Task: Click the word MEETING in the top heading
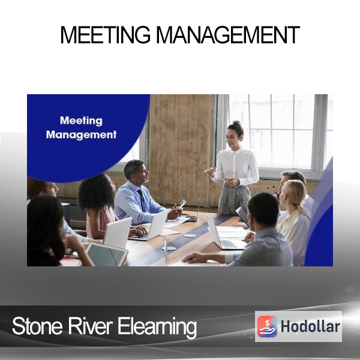click(106, 35)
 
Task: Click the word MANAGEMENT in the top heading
click(228, 35)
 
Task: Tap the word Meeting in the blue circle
click(81, 121)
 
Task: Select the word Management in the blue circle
click(81, 135)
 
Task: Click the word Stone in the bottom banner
click(37, 326)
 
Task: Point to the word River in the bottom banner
click(90, 326)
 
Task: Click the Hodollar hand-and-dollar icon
click(267, 326)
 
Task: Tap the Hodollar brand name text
click(310, 326)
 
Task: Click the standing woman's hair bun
click(237, 123)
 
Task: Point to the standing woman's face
click(232, 137)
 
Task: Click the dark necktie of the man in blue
click(142, 200)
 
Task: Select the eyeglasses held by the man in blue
click(183, 203)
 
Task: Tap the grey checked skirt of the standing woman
click(234, 199)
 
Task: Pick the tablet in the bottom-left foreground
click(106, 254)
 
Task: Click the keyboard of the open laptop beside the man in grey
click(229, 244)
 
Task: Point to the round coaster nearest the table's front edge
click(169, 248)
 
